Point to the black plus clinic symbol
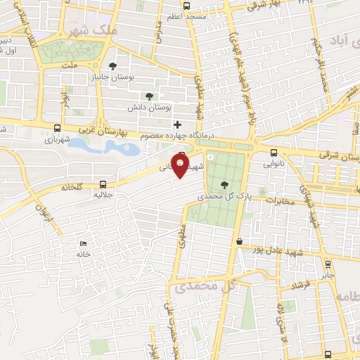point(177,124)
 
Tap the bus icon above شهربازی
point(56,128)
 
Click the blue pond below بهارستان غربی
point(105,146)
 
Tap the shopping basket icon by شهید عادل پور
point(240,241)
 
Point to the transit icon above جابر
point(328,264)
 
